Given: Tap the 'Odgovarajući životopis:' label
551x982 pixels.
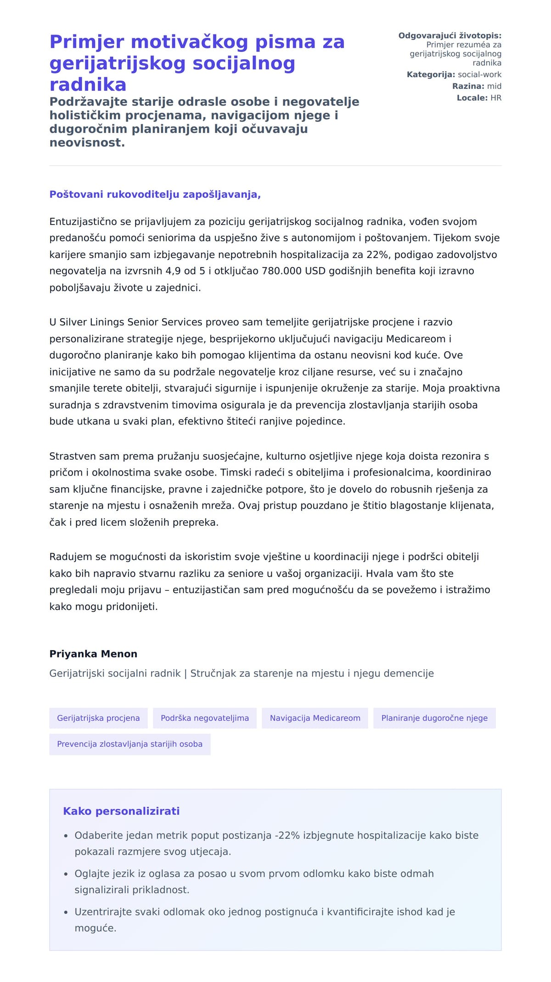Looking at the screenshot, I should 450,36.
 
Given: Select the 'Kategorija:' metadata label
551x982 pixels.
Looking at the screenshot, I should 431,74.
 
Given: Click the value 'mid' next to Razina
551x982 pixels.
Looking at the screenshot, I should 494,86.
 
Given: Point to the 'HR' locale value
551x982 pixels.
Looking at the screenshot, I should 496,98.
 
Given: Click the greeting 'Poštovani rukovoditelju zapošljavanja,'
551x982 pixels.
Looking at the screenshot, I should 155,195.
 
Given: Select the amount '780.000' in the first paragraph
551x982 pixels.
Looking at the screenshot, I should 281,271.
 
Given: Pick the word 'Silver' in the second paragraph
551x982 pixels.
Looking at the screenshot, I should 74,322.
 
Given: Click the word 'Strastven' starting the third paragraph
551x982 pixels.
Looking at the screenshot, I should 73,456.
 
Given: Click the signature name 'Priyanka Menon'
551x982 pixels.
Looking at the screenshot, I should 93,654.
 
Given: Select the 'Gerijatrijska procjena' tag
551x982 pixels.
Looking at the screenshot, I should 98,718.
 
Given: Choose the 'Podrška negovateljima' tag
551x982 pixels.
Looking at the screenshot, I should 205,718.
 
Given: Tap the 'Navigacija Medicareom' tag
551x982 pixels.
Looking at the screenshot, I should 315,718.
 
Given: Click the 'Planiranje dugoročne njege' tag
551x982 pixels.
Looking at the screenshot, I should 434,718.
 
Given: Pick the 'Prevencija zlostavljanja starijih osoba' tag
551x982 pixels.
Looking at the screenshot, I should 129,744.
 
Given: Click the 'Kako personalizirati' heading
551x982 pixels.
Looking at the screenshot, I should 121,811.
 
